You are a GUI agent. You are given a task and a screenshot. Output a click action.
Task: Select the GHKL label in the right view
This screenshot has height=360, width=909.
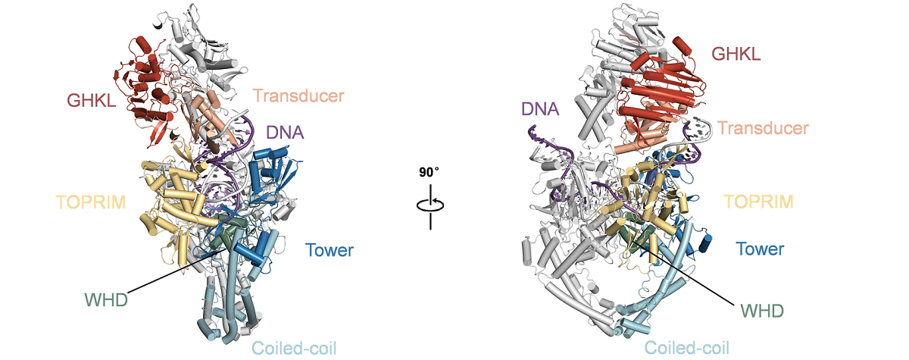[736, 53]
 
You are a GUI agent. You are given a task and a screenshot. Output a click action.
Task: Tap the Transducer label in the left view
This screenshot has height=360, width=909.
[298, 96]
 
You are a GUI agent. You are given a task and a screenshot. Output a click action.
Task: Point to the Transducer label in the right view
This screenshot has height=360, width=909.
[763, 128]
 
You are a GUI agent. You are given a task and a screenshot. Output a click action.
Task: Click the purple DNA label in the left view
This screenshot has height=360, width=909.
[285, 132]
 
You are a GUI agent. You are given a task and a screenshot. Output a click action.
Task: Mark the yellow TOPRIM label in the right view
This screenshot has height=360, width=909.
[759, 202]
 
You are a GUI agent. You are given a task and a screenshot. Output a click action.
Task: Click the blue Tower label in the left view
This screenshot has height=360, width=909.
[330, 248]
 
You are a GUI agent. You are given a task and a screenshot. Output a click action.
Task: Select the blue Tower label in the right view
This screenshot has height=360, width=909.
[761, 248]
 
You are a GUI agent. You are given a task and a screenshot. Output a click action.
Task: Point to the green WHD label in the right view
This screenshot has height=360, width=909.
[761, 310]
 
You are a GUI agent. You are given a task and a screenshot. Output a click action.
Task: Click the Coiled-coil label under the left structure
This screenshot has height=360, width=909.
[294, 348]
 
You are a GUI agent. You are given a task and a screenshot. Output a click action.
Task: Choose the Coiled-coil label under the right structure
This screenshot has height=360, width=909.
[687, 348]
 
